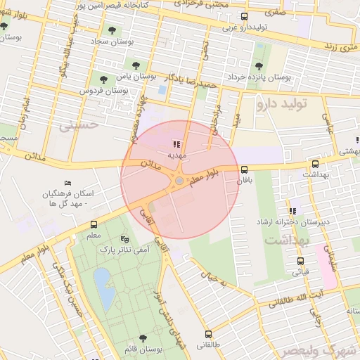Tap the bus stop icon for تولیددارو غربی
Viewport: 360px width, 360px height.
coord(244,17)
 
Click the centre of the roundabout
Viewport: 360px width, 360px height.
coord(179,181)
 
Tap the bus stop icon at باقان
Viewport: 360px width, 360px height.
coord(244,169)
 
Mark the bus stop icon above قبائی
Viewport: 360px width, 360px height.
coord(301,261)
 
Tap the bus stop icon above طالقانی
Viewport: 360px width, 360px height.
coord(207,335)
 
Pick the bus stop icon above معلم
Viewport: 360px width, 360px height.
coord(94,225)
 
